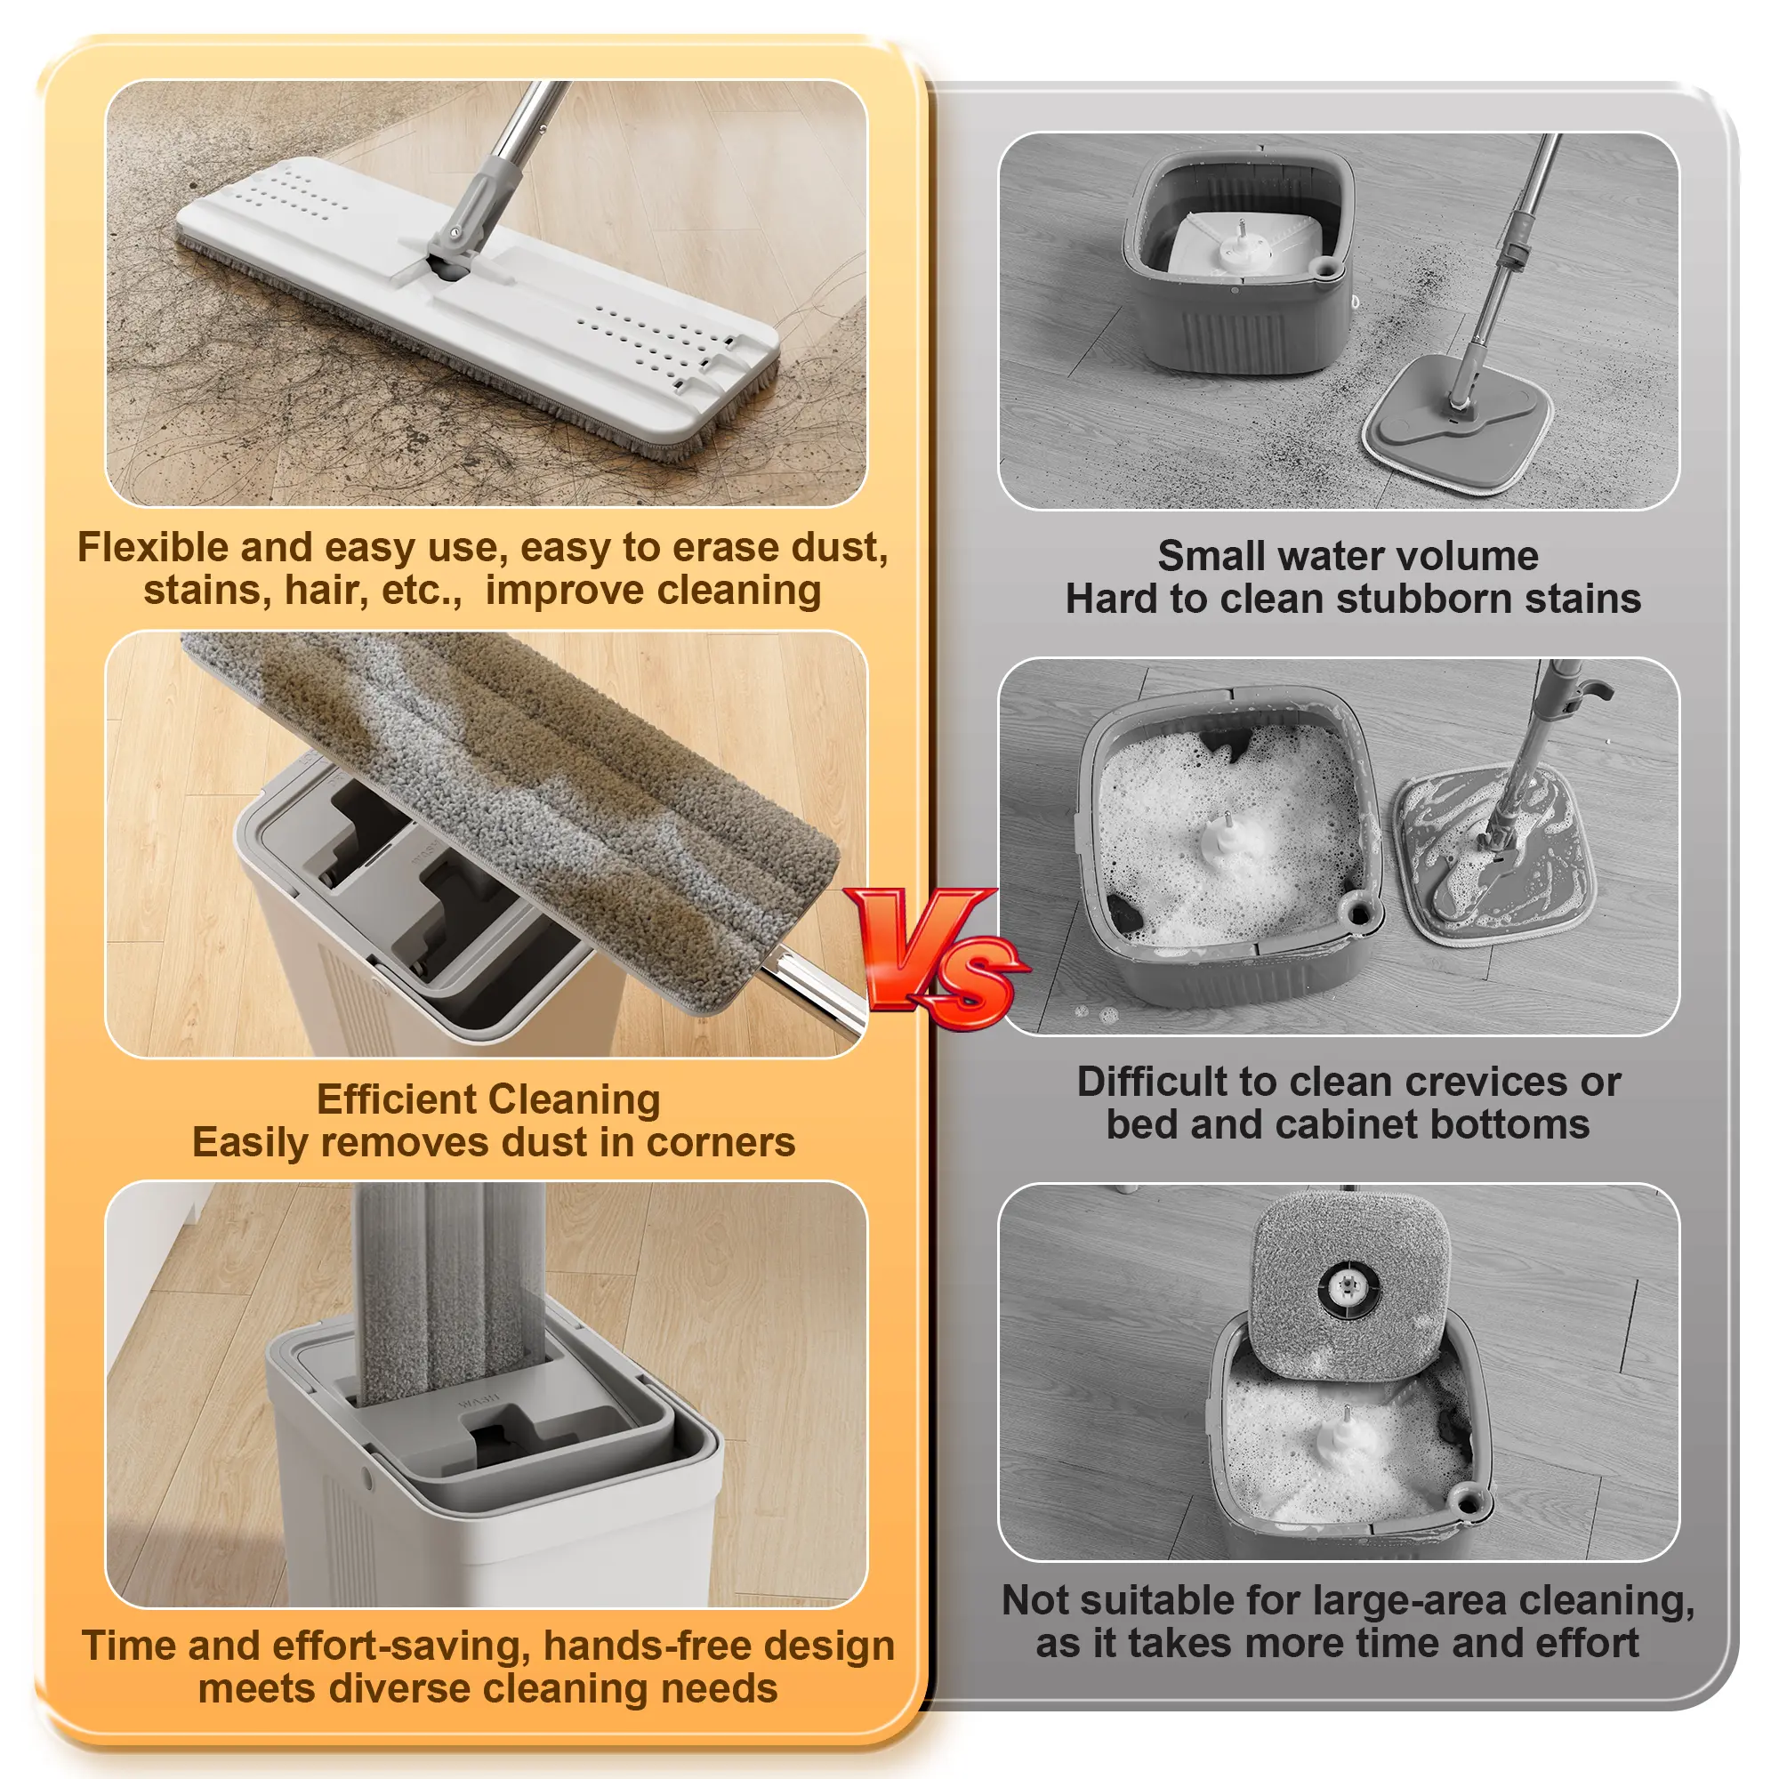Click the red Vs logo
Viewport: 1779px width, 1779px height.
pos(935,958)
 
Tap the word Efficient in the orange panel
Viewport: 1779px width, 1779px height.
pos(395,1099)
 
